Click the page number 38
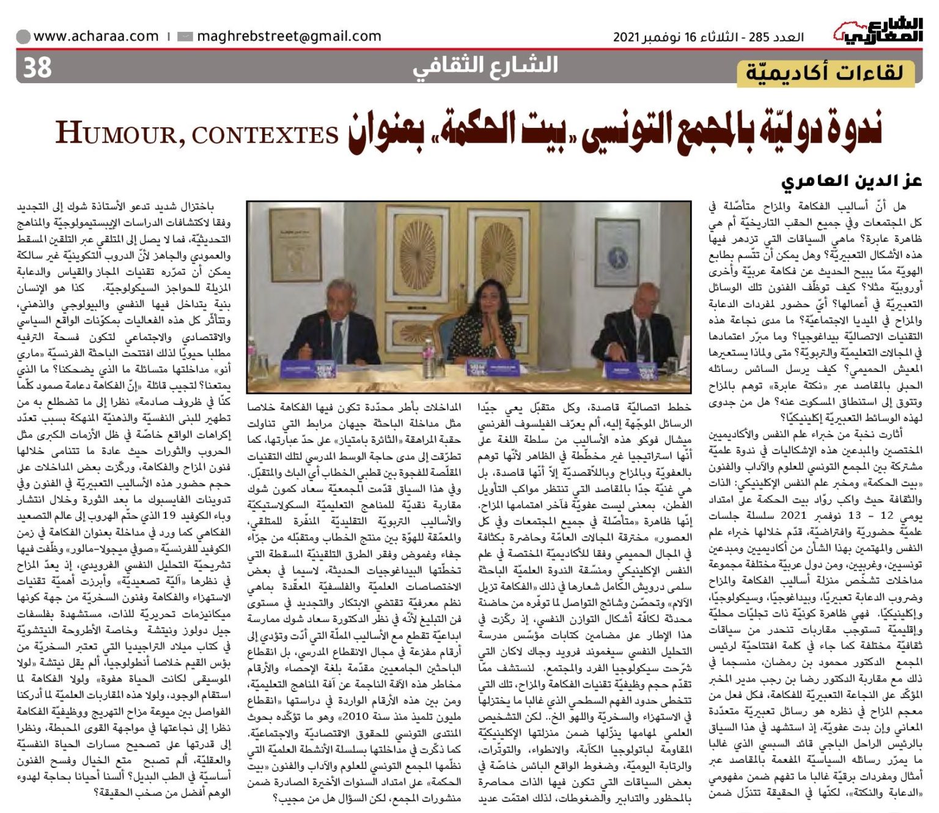(37, 67)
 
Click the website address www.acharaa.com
(96, 36)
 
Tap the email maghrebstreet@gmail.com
(289, 36)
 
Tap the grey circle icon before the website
(23, 37)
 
